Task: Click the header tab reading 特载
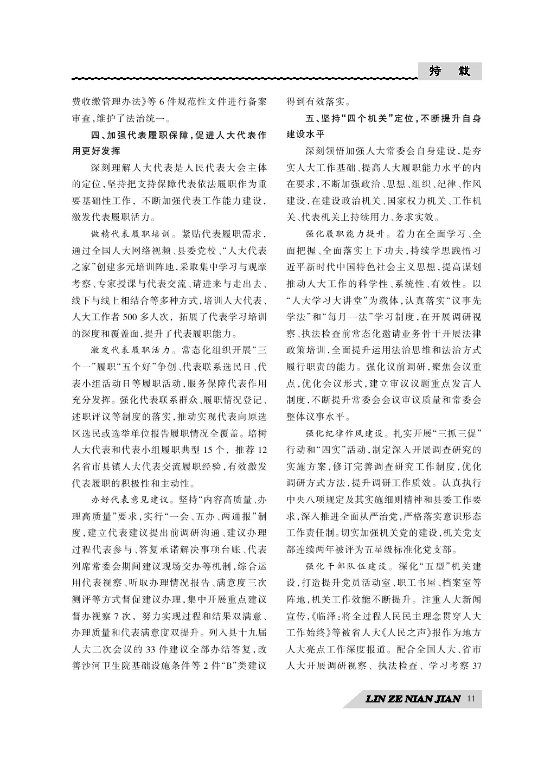pyautogui.click(x=449, y=71)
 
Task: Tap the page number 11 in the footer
pyautogui.click(x=470, y=699)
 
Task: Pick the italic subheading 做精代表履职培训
pyautogui.click(x=130, y=235)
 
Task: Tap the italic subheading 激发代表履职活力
pyautogui.click(x=130, y=348)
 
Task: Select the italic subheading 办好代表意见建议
pyautogui.click(x=130, y=499)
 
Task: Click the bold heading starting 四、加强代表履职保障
pyautogui.click(x=178, y=135)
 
